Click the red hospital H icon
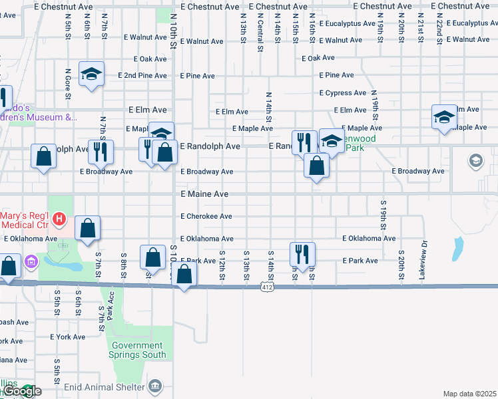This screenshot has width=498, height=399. click(x=59, y=217)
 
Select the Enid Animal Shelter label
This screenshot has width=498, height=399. click(x=111, y=386)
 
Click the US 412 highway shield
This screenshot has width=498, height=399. click(x=267, y=287)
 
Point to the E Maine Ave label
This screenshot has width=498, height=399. click(x=205, y=194)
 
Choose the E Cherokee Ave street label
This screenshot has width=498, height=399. click(x=206, y=216)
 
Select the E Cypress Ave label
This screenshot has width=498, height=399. click(x=343, y=93)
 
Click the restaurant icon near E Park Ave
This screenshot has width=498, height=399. click(x=302, y=253)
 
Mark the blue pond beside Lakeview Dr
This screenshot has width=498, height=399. click(x=457, y=249)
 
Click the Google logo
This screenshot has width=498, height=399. click(x=23, y=391)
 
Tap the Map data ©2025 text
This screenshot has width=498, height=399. click(x=469, y=394)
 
